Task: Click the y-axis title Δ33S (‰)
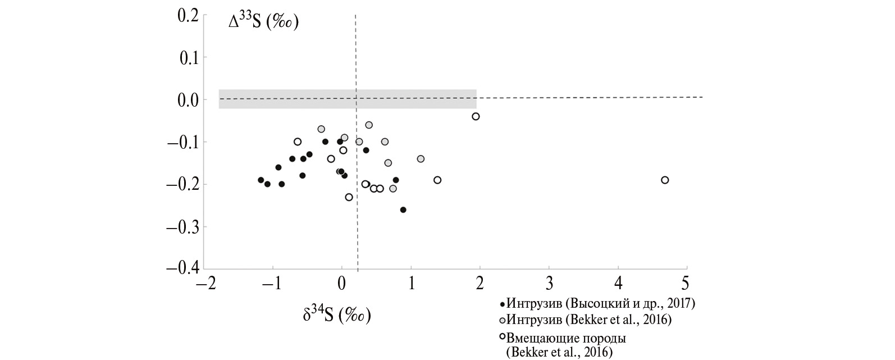pyautogui.click(x=263, y=23)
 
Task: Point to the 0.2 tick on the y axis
pyautogui.click(x=188, y=15)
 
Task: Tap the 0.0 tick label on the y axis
pyautogui.click(x=188, y=100)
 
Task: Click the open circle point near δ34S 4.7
pyautogui.click(x=665, y=180)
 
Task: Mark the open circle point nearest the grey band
pyautogui.click(x=476, y=116)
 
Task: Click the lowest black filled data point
pyautogui.click(x=403, y=210)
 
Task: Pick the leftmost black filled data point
pyautogui.click(x=261, y=180)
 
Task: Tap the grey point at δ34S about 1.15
pyautogui.click(x=421, y=159)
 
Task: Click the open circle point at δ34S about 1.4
pyautogui.click(x=437, y=180)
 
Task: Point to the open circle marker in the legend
pyautogui.click(x=503, y=338)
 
